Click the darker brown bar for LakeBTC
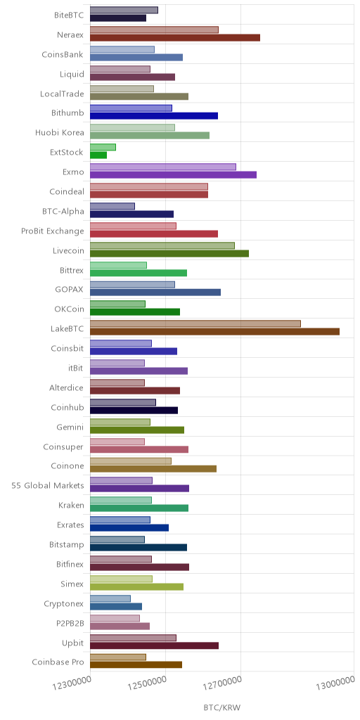pos(215,332)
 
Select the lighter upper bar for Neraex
pos(154,30)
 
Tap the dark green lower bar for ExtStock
pos(98,155)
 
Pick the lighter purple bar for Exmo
pos(163,167)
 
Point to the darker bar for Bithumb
pos(154,116)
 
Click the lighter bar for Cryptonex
pos(110,598)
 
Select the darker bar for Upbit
pos(154,645)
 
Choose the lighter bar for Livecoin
pos(162,245)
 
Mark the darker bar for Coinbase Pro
pos(136,664)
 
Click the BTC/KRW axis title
pos(221,707)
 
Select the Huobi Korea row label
pos(60,133)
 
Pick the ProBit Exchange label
pos(53,231)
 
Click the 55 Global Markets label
pos(48,486)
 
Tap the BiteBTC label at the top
pos(70,15)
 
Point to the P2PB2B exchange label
pos(70,623)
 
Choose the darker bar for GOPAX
pos(155,292)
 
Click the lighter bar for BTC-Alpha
pos(112,206)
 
